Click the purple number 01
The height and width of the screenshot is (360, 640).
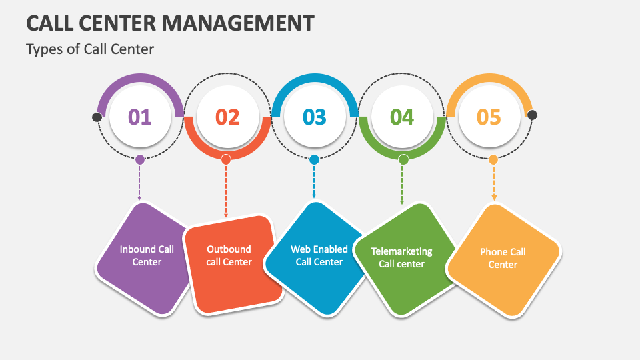click(140, 117)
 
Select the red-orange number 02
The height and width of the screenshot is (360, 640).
click(227, 117)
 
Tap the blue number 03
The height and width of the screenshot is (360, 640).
click(315, 117)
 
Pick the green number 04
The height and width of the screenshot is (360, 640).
click(402, 117)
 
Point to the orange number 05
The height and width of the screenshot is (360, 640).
click(489, 117)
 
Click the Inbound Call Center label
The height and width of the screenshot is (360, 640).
click(147, 255)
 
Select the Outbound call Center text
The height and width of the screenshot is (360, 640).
click(229, 255)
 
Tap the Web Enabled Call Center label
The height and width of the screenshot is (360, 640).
click(319, 255)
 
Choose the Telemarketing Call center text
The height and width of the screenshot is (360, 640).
click(401, 257)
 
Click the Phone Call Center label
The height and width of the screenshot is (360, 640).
click(503, 258)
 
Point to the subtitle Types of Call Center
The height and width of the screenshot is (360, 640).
click(90, 49)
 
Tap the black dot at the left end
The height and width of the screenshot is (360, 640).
click(97, 117)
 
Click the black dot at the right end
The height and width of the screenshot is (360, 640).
click(532, 115)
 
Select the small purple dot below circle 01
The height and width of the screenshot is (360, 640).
click(139, 159)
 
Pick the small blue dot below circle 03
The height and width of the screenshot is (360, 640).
click(314, 159)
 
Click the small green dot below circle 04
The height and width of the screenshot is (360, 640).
click(403, 159)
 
